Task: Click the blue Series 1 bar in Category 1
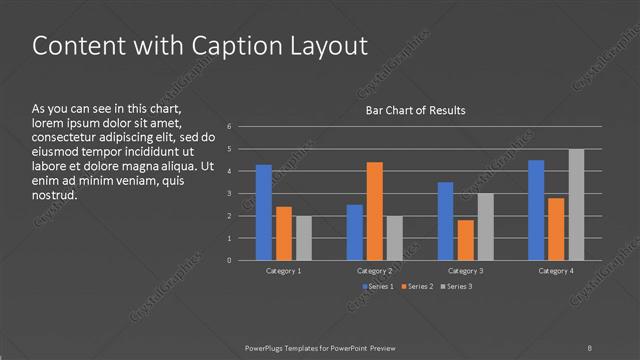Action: click(264, 212)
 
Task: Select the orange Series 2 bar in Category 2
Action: click(374, 211)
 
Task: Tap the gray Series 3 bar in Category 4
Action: click(576, 205)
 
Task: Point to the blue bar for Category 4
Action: click(536, 210)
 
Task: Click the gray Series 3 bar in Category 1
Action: click(304, 238)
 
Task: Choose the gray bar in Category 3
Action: click(485, 227)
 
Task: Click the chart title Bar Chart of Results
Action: click(414, 110)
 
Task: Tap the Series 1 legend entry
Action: click(376, 287)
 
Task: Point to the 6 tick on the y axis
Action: click(230, 127)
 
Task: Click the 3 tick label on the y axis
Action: click(230, 194)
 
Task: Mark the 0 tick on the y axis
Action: click(230, 261)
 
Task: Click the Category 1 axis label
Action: click(284, 271)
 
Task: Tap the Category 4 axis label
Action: click(556, 271)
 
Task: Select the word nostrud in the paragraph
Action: click(54, 195)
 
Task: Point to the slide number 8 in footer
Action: click(590, 346)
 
